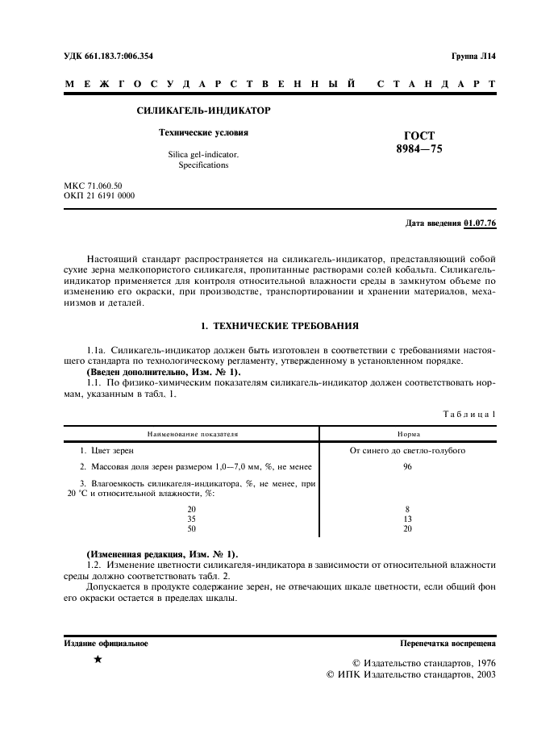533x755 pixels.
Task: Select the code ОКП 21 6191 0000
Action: tap(99, 196)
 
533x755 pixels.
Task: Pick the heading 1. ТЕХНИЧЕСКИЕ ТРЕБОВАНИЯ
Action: tap(279, 326)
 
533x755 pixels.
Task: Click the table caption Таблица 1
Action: tap(469, 414)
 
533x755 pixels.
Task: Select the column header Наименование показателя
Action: tap(191, 433)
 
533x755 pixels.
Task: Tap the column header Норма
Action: tap(407, 433)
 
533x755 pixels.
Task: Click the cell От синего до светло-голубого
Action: tap(407, 450)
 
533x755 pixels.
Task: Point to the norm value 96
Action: tap(407, 467)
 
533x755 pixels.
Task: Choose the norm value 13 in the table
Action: tap(407, 519)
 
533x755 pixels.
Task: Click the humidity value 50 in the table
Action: tap(191, 528)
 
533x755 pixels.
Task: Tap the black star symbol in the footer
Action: tap(98, 660)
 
